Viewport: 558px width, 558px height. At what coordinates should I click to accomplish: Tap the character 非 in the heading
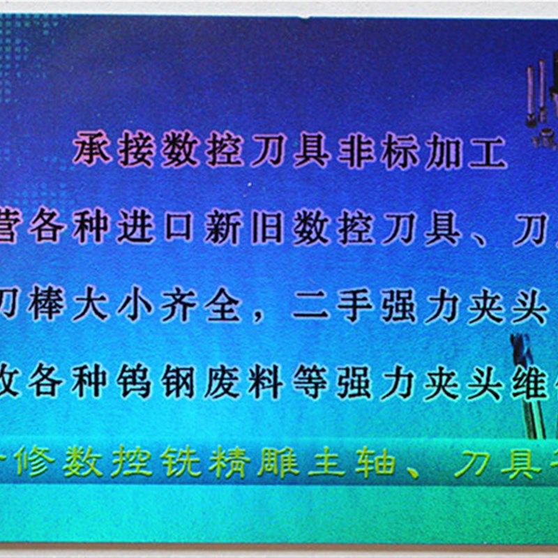tap(356, 151)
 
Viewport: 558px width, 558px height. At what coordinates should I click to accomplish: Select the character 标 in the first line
tap(400, 151)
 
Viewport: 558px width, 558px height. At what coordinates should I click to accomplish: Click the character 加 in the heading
tap(444, 151)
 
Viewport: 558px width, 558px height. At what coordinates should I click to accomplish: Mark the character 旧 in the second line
tap(267, 228)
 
